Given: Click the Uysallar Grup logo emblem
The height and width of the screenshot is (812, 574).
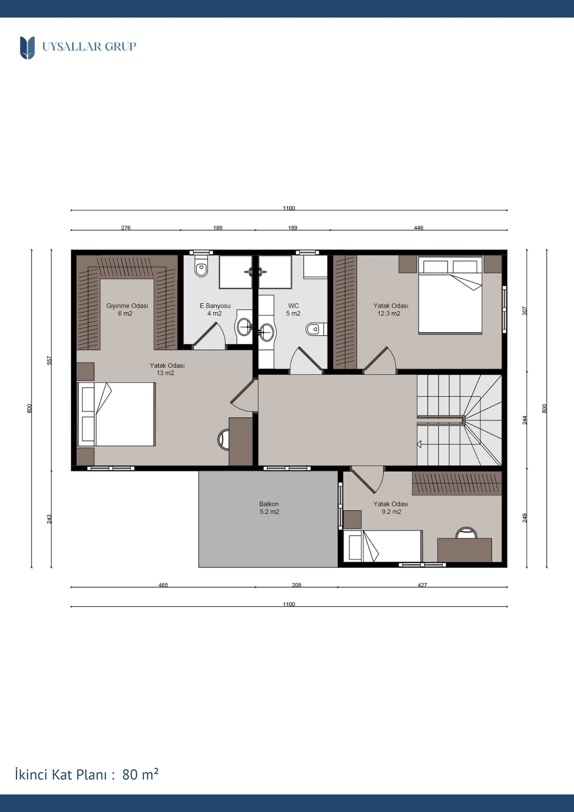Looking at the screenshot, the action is pyautogui.click(x=27, y=48).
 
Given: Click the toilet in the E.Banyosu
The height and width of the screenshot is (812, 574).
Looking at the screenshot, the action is pyautogui.click(x=201, y=266).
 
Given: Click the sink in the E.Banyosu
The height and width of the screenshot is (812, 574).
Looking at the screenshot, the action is pyautogui.click(x=244, y=326).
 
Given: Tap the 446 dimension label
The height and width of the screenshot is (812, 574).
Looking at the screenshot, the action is pyautogui.click(x=419, y=228).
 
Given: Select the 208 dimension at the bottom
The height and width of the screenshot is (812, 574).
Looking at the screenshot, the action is pyautogui.click(x=297, y=585).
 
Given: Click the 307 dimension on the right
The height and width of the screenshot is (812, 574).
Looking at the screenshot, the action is pyautogui.click(x=524, y=311).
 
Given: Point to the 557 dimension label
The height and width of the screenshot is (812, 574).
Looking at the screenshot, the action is pyautogui.click(x=50, y=360).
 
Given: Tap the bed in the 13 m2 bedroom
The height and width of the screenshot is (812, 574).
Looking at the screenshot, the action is pyautogui.click(x=117, y=414).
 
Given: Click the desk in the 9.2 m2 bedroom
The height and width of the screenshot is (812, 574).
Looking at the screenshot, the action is pyautogui.click(x=464, y=550).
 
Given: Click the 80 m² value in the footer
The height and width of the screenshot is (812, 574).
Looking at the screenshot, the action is pyautogui.click(x=140, y=774).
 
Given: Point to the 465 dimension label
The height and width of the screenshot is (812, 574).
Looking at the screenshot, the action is pyautogui.click(x=163, y=585).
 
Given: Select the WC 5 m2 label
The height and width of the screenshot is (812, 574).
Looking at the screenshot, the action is pyautogui.click(x=293, y=309).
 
